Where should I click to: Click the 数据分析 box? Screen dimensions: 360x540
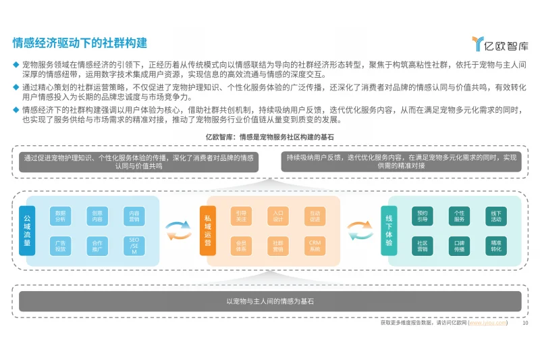click(x=60, y=215)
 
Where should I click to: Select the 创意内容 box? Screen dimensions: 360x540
click(x=97, y=215)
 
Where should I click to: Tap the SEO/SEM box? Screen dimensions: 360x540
click(x=134, y=246)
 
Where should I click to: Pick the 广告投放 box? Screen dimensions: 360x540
click(x=60, y=246)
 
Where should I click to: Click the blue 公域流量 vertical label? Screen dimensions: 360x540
click(x=27, y=230)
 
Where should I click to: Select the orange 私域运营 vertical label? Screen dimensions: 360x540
click(x=208, y=230)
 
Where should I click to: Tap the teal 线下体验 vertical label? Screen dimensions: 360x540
click(x=389, y=230)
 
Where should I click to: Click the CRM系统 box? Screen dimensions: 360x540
click(x=315, y=246)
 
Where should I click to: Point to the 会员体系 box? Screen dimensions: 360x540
click(x=241, y=246)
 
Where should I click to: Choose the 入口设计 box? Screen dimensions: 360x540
click(x=278, y=215)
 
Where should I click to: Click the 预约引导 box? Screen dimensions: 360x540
click(x=422, y=215)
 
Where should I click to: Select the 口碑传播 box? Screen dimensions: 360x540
click(x=459, y=246)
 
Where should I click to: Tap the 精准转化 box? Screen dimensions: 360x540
click(x=496, y=246)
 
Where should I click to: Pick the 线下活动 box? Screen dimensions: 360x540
click(x=496, y=215)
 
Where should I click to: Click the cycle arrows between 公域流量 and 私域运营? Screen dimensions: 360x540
click(x=180, y=230)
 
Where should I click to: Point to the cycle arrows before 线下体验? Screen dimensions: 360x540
click(x=360, y=230)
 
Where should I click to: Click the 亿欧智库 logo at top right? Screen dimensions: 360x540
click(x=500, y=45)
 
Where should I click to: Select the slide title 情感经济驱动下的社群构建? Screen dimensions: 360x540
click(x=80, y=43)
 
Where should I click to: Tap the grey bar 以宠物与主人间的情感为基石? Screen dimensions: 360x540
click(x=270, y=301)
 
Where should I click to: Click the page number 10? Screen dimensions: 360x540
click(x=525, y=323)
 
